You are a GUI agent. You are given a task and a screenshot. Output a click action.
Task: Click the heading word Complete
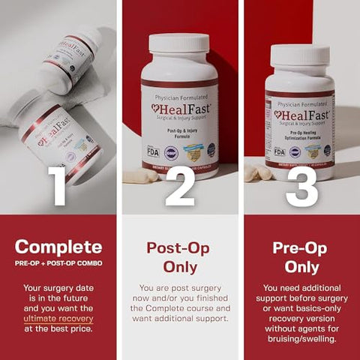(58, 247)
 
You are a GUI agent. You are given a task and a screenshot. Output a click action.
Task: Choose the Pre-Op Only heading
(301, 256)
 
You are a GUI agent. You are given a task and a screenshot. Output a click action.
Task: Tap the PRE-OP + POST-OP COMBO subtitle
(58, 263)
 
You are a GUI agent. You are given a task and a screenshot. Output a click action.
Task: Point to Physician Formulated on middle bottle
(180, 95)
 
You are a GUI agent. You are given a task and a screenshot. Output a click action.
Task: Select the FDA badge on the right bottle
(279, 151)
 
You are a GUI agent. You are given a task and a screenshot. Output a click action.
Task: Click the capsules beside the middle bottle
(140, 176)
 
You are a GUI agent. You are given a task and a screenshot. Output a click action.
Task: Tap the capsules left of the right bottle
(257, 173)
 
